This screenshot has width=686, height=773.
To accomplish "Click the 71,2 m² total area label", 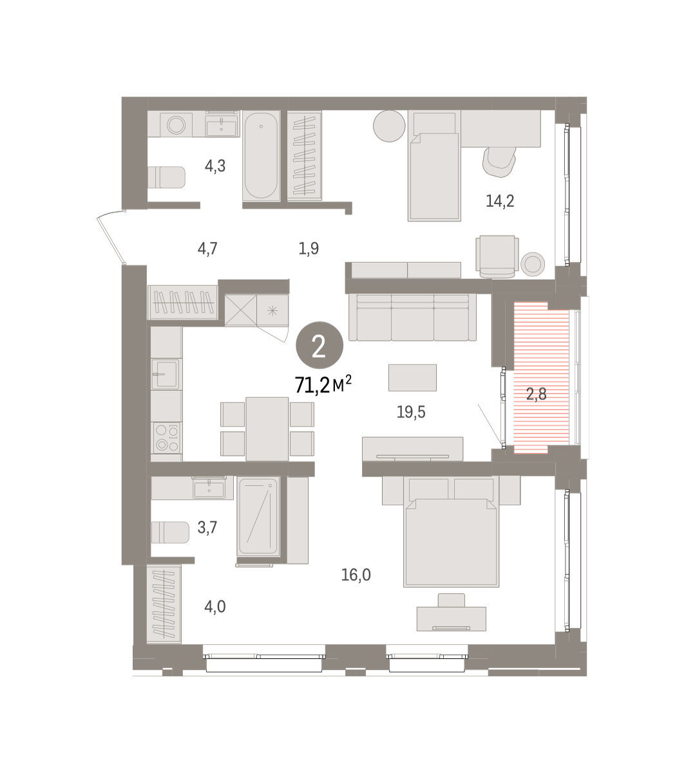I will pyautogui.click(x=323, y=385).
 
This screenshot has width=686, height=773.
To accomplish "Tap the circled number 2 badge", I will pyautogui.click(x=319, y=347).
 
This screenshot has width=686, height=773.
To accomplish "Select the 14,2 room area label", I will pyautogui.click(x=500, y=201).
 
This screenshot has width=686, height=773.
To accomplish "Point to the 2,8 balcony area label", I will pyautogui.click(x=537, y=394).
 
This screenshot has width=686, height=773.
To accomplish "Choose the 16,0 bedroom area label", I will pyautogui.click(x=356, y=575).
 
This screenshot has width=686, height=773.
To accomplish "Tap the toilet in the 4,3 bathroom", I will pyautogui.click(x=167, y=177).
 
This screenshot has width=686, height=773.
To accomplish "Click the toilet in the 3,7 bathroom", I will pyautogui.click(x=169, y=532).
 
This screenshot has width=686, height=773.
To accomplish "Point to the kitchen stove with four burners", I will pyautogui.click(x=166, y=437).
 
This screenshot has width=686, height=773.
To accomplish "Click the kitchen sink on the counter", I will pyautogui.click(x=166, y=374).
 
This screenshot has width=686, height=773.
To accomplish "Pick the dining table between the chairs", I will pyautogui.click(x=267, y=428).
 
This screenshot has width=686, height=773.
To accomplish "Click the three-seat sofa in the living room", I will pyautogui.click(x=412, y=316).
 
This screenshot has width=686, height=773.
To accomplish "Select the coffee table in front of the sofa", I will pyautogui.click(x=413, y=377).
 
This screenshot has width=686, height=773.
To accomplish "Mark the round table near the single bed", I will pyautogui.click(x=388, y=126).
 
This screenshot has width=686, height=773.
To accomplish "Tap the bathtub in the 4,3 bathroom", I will pyautogui.click(x=261, y=157).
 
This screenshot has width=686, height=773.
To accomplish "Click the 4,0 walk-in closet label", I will pyautogui.click(x=215, y=606).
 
